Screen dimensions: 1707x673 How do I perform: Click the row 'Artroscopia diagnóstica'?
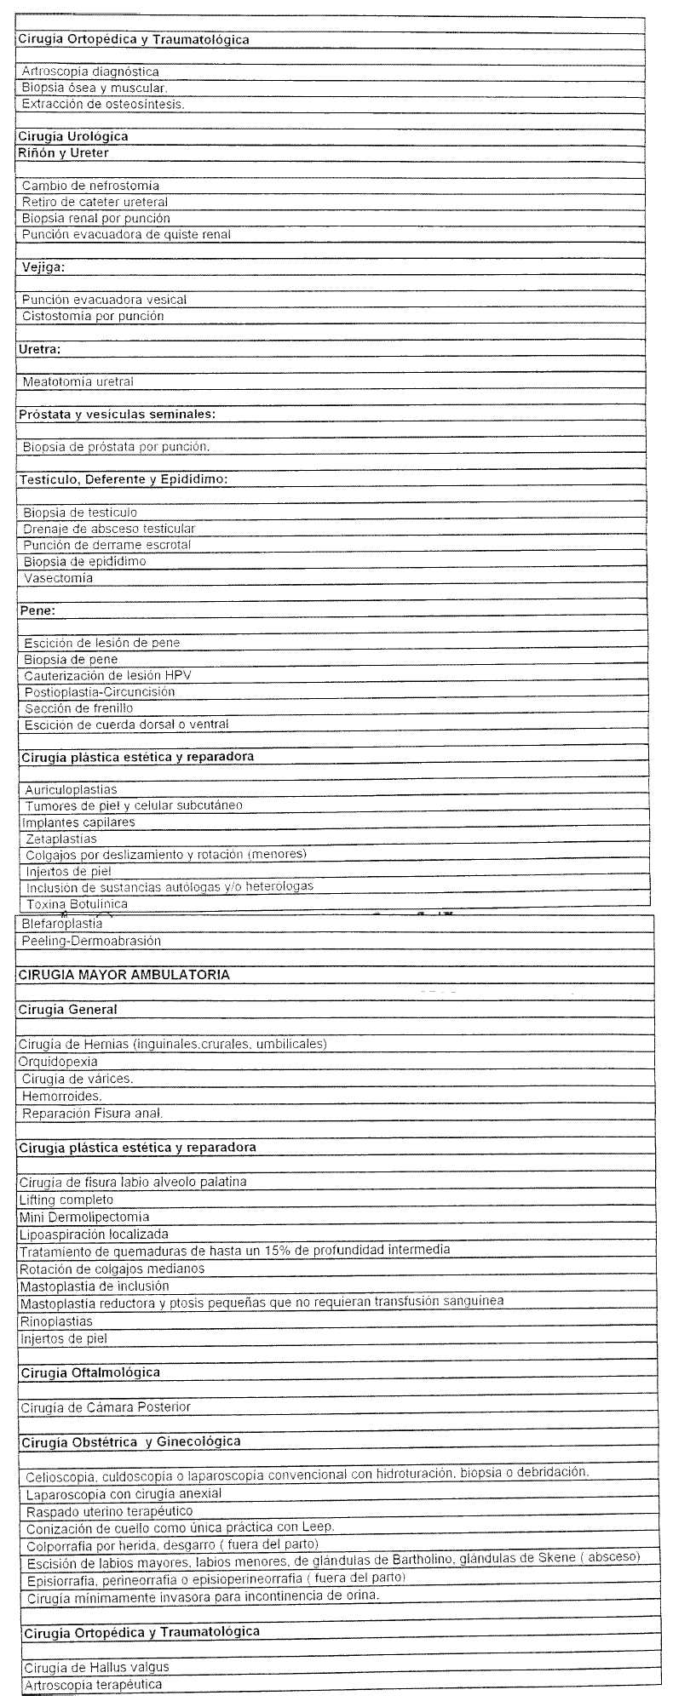coord(90,72)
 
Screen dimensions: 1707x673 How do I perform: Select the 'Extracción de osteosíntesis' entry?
coord(103,105)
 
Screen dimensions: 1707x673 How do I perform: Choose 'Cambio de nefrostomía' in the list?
coord(90,186)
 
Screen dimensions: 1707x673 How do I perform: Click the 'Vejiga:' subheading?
coord(43,266)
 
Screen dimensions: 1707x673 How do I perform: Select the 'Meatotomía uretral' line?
coord(78,381)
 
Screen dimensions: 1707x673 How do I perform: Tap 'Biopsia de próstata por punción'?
coord(116,447)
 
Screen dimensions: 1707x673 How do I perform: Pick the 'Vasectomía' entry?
coord(58,578)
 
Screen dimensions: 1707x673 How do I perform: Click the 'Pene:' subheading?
coord(37,610)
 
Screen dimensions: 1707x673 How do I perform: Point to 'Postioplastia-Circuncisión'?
coord(100,692)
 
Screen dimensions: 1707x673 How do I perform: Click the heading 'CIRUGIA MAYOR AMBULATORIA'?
coord(124,975)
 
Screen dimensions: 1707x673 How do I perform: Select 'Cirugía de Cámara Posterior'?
coord(100,1407)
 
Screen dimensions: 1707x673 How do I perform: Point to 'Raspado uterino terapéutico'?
coord(109,1511)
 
